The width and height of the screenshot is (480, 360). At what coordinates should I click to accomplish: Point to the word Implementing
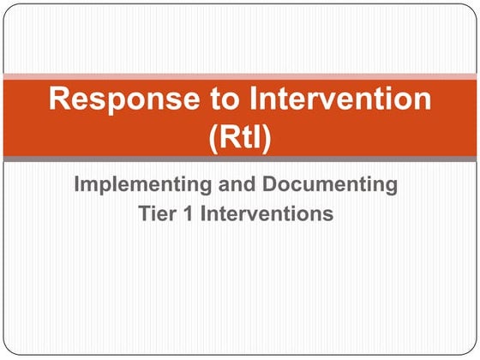click(136, 184)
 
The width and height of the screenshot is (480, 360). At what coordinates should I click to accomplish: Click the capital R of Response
click(59, 99)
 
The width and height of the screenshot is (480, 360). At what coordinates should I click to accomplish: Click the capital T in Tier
click(145, 213)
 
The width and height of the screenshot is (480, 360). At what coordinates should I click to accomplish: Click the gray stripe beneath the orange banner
click(240, 159)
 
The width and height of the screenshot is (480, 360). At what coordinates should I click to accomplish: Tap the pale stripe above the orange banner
click(240, 76)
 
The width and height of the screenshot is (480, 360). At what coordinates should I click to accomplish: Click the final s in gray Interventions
click(327, 213)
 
